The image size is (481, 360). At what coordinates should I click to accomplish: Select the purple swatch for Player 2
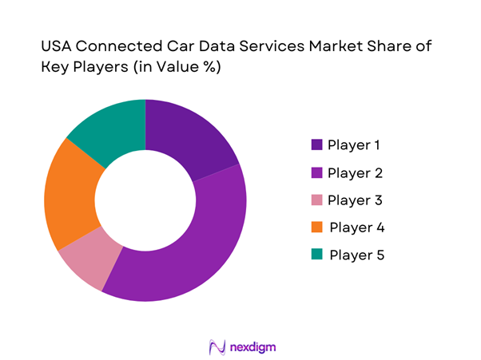pyautogui.click(x=316, y=173)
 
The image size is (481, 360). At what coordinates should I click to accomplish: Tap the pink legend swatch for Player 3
pyautogui.click(x=316, y=200)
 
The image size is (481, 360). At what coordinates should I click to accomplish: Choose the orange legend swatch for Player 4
pyautogui.click(x=316, y=228)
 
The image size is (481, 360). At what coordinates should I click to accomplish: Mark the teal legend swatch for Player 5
pyautogui.click(x=316, y=255)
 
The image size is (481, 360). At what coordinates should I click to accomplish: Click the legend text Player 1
pyautogui.click(x=354, y=146)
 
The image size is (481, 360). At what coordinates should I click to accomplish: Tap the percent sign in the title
pyautogui.click(x=210, y=69)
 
